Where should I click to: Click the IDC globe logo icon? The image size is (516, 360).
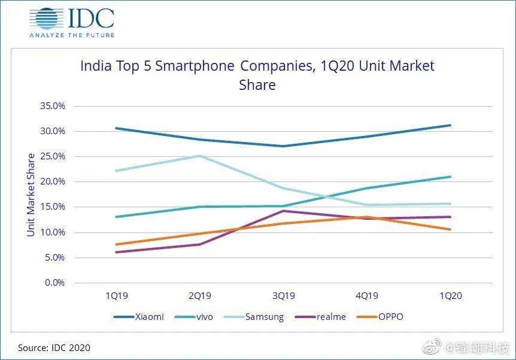click(x=45, y=18)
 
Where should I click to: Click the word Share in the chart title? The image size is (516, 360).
click(x=257, y=85)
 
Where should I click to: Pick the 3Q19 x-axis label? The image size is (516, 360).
click(x=283, y=296)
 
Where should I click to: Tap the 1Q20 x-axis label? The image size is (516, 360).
click(x=450, y=296)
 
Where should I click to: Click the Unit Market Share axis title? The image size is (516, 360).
click(x=31, y=194)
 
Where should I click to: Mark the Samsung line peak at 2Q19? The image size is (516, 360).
click(x=200, y=156)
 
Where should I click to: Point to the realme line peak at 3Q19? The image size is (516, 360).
click(x=283, y=211)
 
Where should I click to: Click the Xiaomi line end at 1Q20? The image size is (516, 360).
click(x=450, y=125)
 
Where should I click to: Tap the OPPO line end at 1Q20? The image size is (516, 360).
click(x=450, y=229)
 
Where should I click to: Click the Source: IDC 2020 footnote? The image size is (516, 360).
click(x=54, y=347)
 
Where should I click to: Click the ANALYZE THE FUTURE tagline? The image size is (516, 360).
click(x=71, y=35)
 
